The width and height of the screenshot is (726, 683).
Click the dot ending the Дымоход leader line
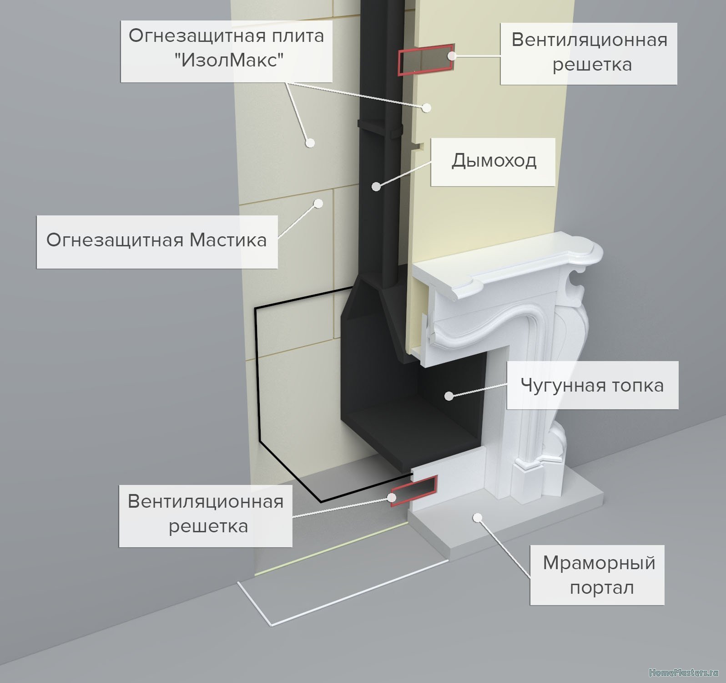376,186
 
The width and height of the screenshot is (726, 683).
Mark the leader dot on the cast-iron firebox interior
449,396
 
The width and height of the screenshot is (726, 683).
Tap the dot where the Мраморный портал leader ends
477,517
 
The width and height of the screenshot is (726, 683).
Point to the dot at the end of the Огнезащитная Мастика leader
319,203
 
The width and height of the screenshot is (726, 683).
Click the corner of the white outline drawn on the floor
272,624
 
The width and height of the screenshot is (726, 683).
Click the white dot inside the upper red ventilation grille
451,56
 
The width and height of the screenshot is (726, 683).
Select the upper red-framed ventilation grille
426,59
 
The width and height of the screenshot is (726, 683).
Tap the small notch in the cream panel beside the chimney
418,146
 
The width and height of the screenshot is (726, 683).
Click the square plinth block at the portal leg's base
527,481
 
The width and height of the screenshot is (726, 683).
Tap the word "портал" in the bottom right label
602,588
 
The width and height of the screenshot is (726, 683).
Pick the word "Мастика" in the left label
228,240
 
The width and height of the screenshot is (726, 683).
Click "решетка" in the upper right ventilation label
592,65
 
